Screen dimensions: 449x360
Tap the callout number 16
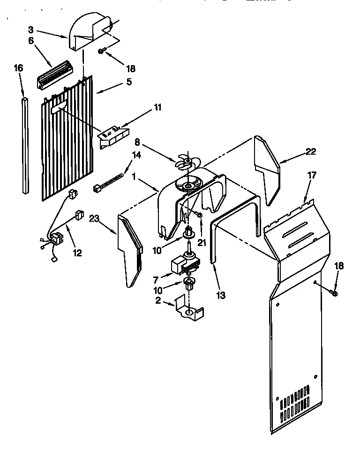18,68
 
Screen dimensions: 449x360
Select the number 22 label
310,151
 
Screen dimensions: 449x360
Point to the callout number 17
312,175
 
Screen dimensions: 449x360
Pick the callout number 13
221,295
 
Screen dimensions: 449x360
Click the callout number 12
77,253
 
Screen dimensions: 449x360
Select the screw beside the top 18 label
102,52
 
